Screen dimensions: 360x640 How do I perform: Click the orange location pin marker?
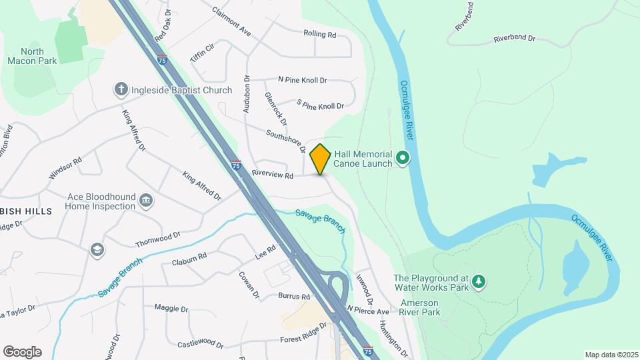coord(321,159)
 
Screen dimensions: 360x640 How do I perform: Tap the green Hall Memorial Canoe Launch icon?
coord(403,158)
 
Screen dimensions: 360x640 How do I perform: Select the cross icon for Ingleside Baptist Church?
coord(121,89)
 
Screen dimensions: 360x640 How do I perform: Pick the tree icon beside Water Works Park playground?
coord(478,283)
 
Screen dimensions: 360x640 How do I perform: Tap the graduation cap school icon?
coord(97,249)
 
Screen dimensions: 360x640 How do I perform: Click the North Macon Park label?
coord(32,56)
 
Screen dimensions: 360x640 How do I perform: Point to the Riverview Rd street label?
coord(273,175)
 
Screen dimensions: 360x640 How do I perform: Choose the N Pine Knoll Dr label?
coord(302,80)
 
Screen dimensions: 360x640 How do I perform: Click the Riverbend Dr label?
coord(515,39)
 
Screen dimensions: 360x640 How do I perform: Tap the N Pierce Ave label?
coord(368,311)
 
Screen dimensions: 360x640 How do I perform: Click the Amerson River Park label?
coord(420,307)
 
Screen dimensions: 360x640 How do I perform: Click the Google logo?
coord(22,352)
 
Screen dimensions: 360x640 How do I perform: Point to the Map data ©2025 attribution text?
coord(611,355)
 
